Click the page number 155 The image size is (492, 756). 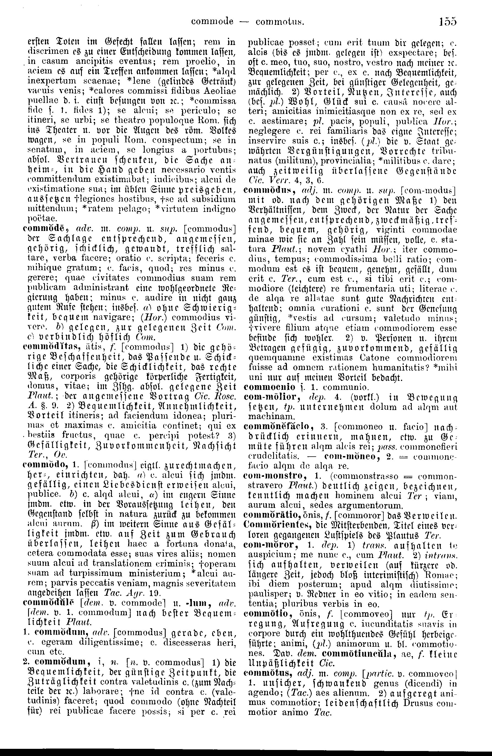pos(448,21)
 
